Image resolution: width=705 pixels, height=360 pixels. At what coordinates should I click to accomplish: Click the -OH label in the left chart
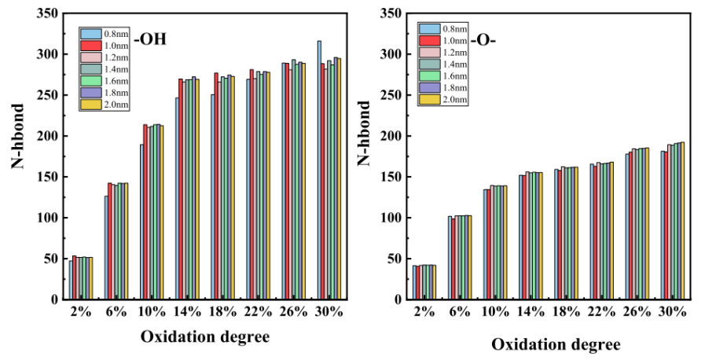click(x=150, y=39)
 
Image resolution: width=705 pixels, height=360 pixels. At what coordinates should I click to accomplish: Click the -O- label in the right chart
click(x=483, y=39)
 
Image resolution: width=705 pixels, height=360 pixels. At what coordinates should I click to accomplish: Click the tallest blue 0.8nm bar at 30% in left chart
click(x=319, y=169)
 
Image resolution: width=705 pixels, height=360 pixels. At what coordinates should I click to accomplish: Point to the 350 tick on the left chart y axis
click(x=47, y=13)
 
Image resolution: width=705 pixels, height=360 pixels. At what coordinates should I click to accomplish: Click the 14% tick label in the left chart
click(x=188, y=311)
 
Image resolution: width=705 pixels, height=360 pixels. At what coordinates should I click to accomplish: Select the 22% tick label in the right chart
click(x=601, y=311)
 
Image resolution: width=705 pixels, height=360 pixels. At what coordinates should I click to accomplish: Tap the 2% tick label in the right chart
click(x=424, y=311)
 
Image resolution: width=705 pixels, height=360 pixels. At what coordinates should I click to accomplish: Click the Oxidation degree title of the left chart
click(x=205, y=337)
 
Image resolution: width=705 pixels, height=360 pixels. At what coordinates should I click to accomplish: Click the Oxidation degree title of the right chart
click(x=556, y=345)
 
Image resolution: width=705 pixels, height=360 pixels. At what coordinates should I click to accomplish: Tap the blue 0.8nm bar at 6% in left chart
click(x=106, y=247)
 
